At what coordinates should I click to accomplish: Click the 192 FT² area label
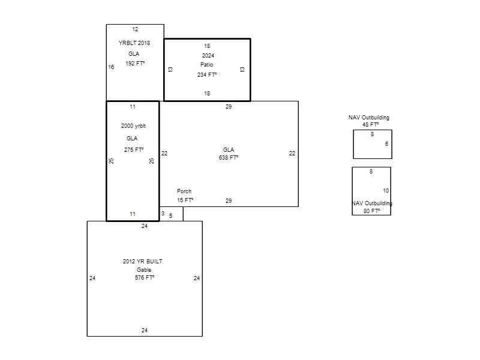tap(135, 64)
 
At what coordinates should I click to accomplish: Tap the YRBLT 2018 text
tap(134, 43)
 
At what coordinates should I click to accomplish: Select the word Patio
tap(206, 65)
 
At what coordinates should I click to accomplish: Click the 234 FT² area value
tap(207, 74)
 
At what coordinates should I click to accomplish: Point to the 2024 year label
tap(208, 55)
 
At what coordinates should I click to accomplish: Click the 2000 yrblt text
tap(133, 126)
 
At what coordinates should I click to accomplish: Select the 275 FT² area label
tap(134, 149)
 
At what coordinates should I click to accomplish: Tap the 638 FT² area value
tap(229, 158)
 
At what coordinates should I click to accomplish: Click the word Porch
tap(184, 191)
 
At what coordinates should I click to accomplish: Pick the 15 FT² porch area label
tap(185, 200)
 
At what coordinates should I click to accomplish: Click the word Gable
tap(144, 269)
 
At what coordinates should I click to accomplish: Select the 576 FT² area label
tap(145, 278)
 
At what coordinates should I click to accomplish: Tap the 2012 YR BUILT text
tap(143, 262)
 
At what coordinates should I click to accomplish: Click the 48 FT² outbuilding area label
tap(371, 125)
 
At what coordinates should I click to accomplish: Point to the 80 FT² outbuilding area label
tap(372, 211)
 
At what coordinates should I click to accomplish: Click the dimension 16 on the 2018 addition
tap(111, 67)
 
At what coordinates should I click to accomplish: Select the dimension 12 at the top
tap(135, 29)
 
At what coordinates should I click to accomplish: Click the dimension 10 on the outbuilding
tap(386, 191)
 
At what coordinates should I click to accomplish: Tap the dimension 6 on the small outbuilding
tap(386, 144)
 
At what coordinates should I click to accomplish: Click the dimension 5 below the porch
tap(171, 216)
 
